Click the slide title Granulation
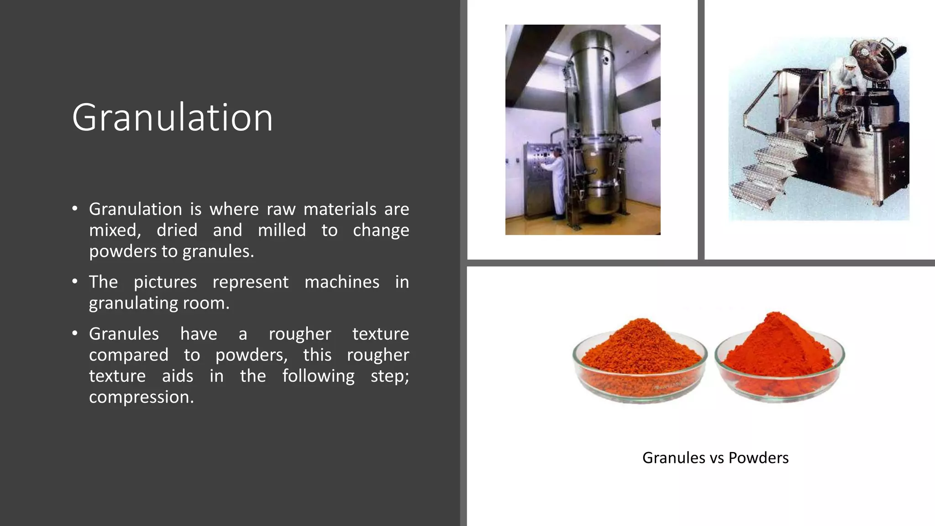(172, 117)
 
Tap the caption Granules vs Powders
(715, 458)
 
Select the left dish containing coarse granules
(640, 361)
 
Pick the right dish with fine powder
(780, 358)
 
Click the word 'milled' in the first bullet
(282, 230)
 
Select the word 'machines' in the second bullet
(341, 282)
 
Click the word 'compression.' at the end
(142, 397)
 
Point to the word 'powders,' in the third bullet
(251, 355)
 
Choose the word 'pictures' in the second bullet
(165, 282)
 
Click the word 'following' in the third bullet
(318, 376)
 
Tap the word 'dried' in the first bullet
(177, 230)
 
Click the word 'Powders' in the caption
(758, 458)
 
